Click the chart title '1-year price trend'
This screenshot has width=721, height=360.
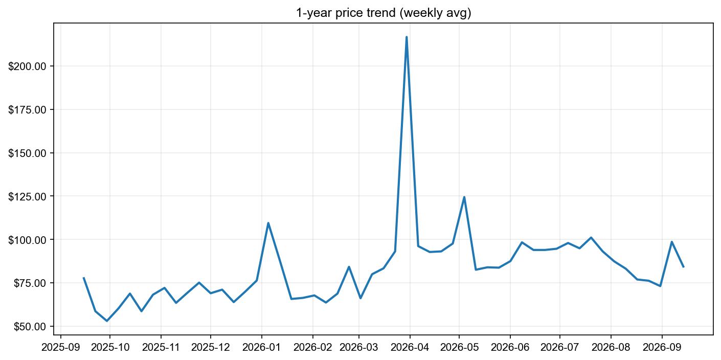click(383, 13)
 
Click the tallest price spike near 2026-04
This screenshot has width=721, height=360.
click(407, 37)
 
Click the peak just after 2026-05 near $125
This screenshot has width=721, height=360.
click(464, 197)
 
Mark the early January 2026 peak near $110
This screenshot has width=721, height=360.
click(268, 223)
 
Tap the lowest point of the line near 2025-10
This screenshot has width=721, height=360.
click(107, 321)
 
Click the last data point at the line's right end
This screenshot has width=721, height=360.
click(683, 266)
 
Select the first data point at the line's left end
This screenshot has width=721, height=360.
click(84, 278)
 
